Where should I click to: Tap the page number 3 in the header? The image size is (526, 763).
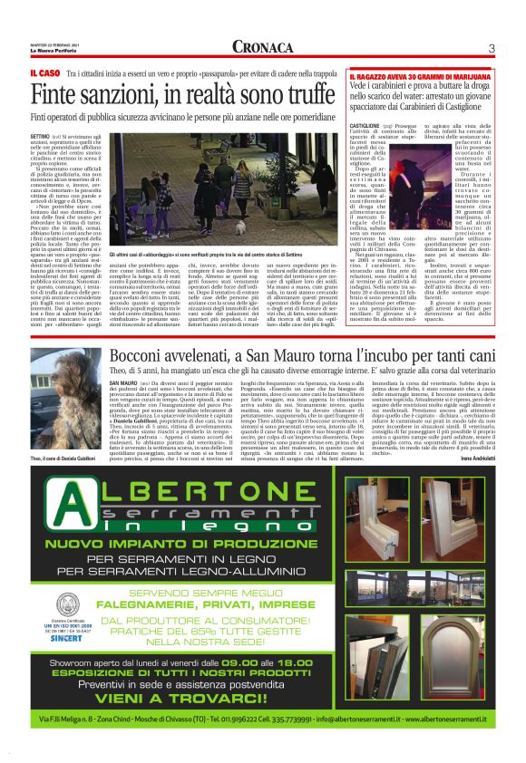(x=490, y=47)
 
